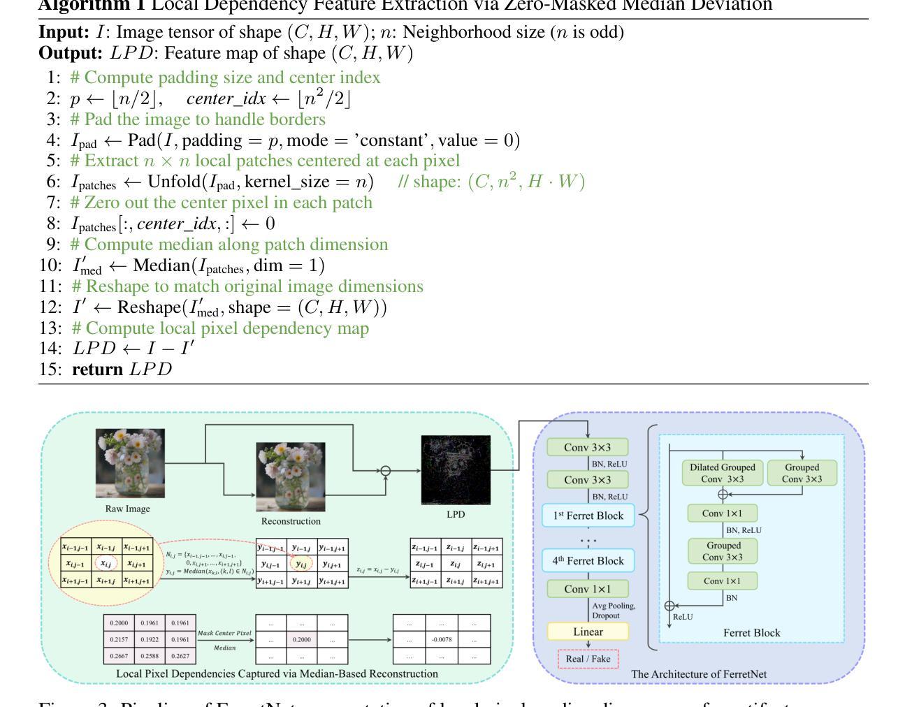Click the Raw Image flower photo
click(130, 463)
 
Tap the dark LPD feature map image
click(456, 469)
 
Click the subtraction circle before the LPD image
click(385, 471)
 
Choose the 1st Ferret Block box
click(588, 516)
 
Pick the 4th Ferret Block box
click(588, 560)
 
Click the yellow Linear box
click(588, 632)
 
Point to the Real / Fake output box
click(588, 659)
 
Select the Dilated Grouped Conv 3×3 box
click(722, 473)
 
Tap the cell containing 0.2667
click(119, 656)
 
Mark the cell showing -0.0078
click(442, 639)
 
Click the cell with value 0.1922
click(150, 639)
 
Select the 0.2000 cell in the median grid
click(301, 639)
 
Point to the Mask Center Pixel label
click(224, 633)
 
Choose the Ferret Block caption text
click(751, 633)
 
